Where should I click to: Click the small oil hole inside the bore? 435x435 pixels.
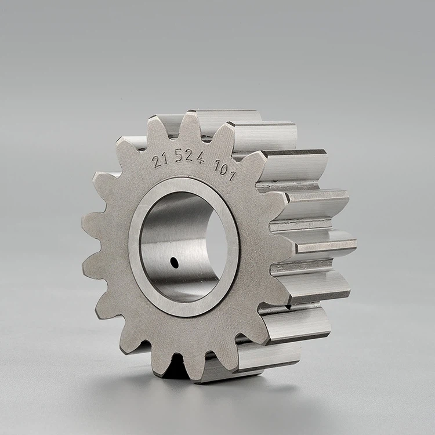(175, 263)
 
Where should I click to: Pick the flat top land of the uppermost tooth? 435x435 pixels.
(226, 115)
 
